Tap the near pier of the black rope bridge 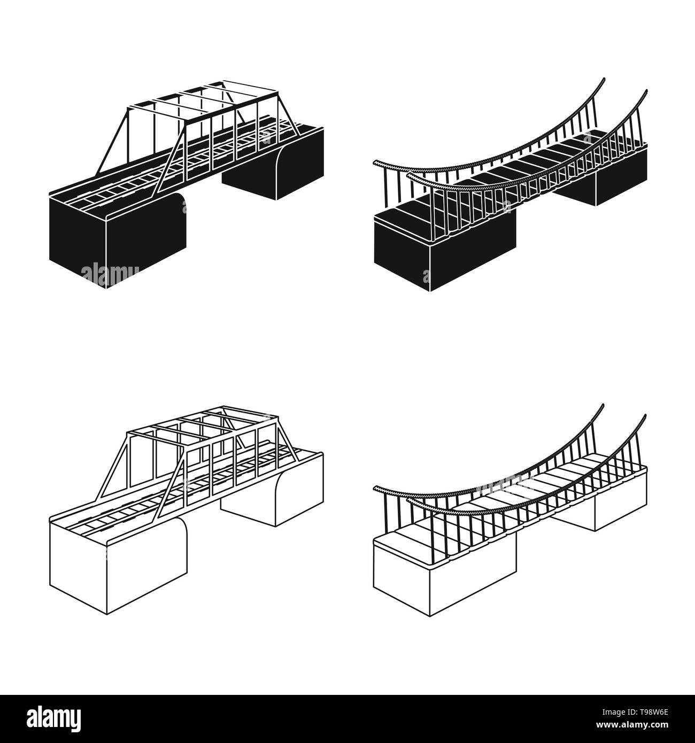point(444,251)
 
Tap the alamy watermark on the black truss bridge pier point(110,272)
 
